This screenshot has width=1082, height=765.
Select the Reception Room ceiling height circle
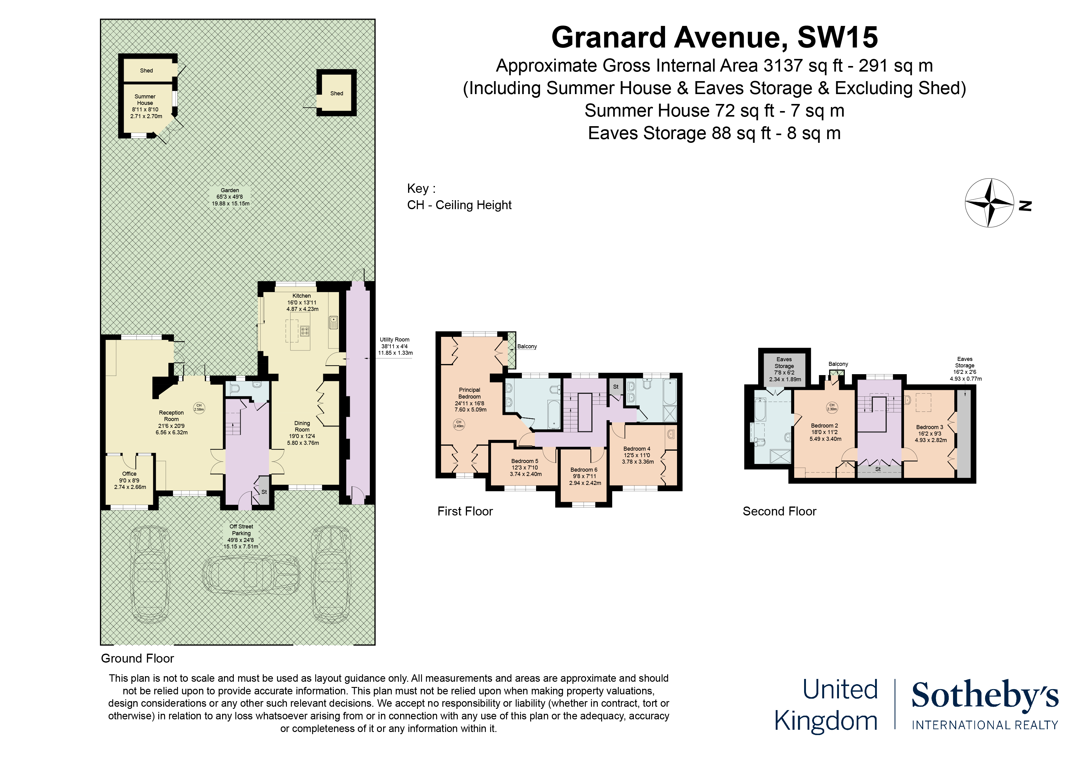[x=199, y=407]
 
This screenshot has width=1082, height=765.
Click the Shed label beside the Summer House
[x=146, y=71]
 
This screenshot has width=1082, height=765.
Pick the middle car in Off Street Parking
[x=251, y=575]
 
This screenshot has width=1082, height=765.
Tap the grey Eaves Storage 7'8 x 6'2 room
[x=784, y=369]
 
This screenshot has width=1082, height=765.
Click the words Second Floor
[x=779, y=511]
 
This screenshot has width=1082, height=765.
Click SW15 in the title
[x=837, y=37]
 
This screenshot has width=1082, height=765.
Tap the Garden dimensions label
[x=230, y=197]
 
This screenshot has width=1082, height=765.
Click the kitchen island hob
[x=305, y=331]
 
